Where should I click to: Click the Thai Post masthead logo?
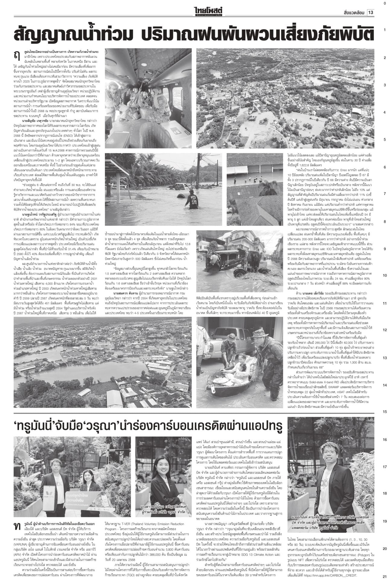208,12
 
